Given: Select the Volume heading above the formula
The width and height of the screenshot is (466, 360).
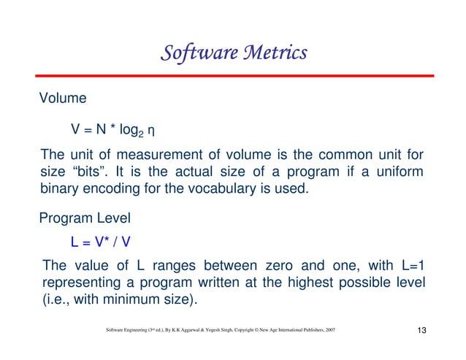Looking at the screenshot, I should [63, 97].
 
